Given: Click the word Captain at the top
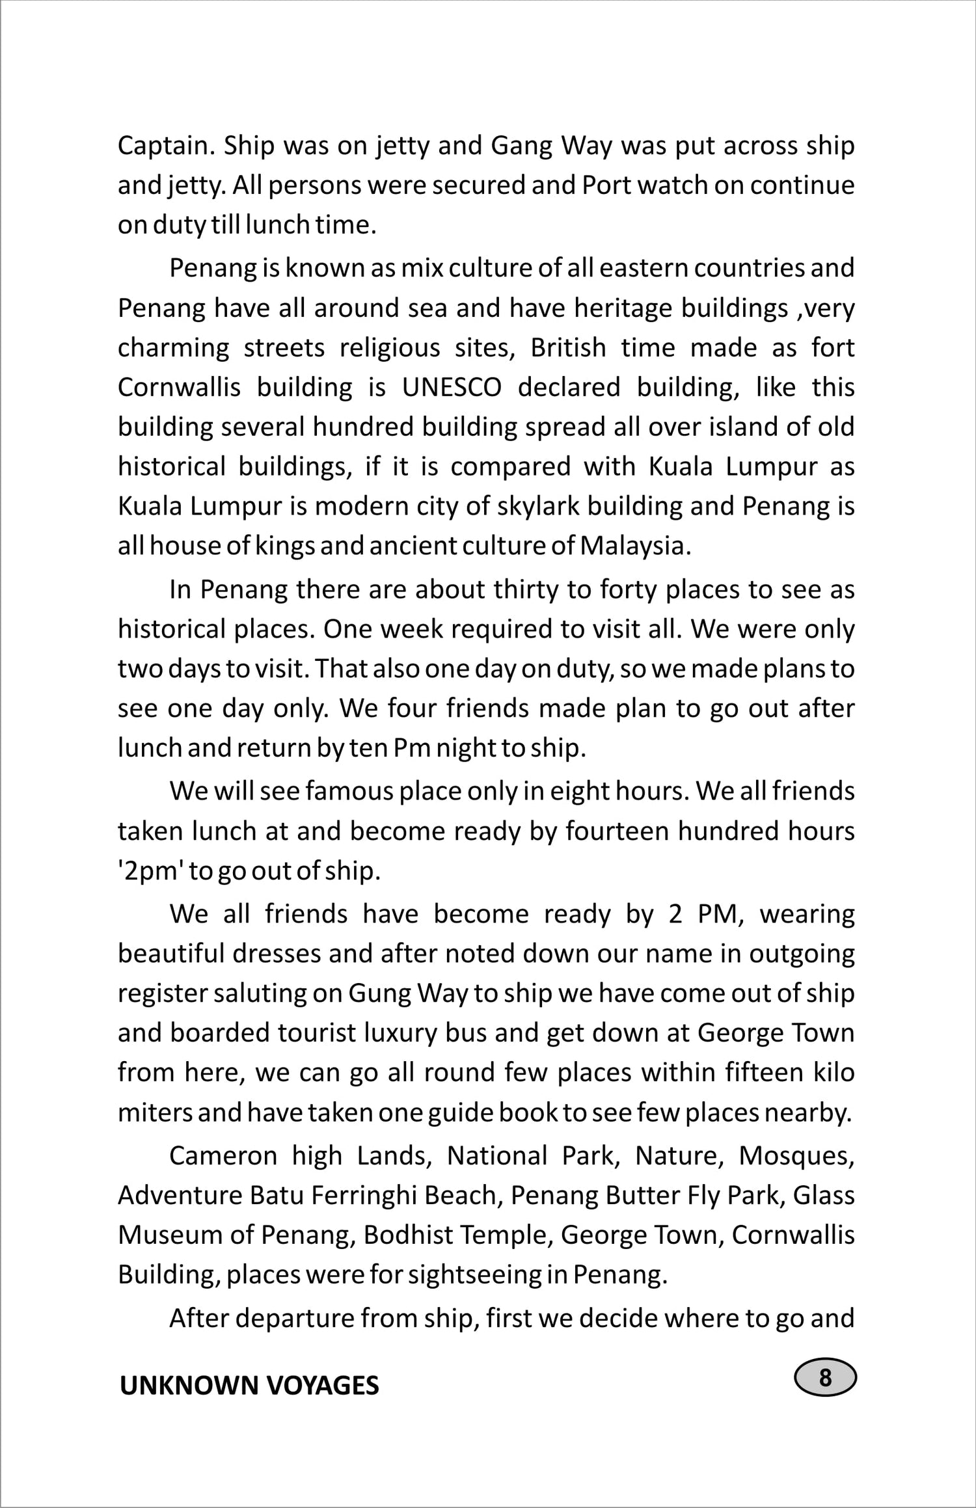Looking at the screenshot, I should point(166,146).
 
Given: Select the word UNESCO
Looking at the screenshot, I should point(452,388).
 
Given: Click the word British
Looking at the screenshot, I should point(568,348).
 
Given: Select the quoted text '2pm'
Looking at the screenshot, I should point(149,871).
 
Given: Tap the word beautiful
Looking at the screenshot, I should point(170,954).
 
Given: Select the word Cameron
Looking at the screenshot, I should point(223,1156).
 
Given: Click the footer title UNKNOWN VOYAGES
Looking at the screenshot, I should point(249,1386).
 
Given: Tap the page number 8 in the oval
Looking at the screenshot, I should point(825,1378).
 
